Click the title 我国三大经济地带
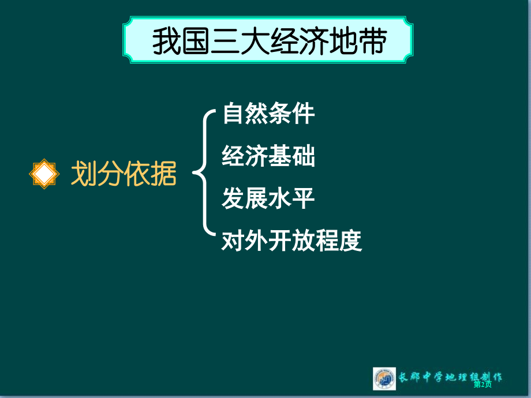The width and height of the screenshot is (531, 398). (x=270, y=41)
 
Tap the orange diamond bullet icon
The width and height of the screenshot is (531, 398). (x=44, y=174)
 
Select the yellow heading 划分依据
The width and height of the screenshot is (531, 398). (x=124, y=173)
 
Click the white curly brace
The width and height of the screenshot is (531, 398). (x=204, y=172)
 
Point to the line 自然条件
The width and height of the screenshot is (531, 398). (x=268, y=114)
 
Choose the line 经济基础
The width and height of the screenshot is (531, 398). (x=268, y=156)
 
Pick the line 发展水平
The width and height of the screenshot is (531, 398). (x=268, y=198)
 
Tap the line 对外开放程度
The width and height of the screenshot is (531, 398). (x=291, y=241)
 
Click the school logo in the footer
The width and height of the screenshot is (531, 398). (x=384, y=379)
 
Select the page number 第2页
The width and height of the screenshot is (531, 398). (x=483, y=384)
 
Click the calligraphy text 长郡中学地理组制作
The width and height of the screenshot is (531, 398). (x=450, y=377)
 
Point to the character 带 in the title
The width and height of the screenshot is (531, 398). (x=373, y=41)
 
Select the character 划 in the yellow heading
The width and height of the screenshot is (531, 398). (x=84, y=173)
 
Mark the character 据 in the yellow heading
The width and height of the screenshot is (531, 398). (x=164, y=173)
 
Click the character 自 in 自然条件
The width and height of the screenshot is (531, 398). (x=234, y=114)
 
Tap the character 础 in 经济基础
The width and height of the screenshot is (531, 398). (x=304, y=156)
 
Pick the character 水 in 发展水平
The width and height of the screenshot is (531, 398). (x=280, y=198)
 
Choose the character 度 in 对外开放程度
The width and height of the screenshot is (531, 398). (x=351, y=241)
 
